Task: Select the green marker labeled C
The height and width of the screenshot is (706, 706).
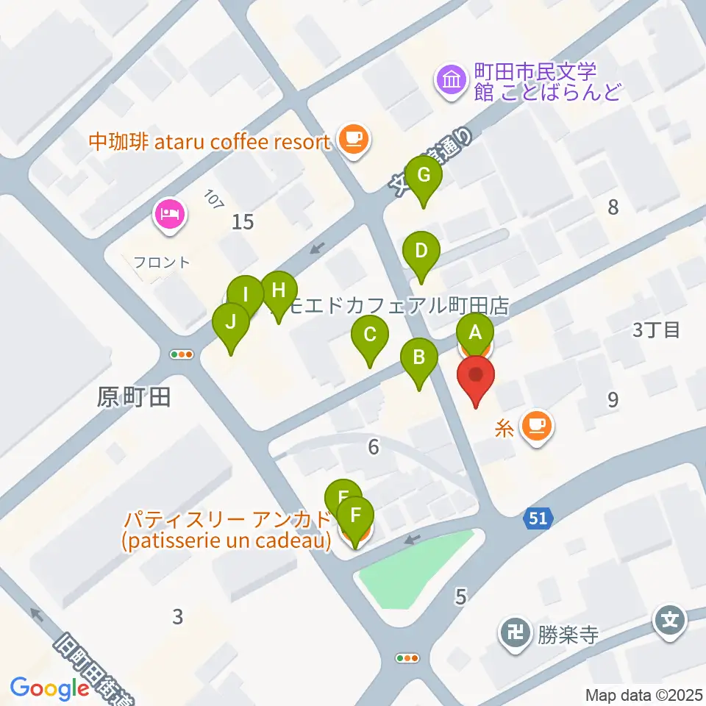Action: click(369, 336)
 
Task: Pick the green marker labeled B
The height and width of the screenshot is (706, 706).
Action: click(418, 358)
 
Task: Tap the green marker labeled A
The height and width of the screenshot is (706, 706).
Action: click(475, 332)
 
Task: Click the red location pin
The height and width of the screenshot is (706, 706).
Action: click(476, 376)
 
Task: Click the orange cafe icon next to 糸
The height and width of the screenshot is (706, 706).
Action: click(537, 425)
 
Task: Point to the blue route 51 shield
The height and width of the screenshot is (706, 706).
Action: click(538, 519)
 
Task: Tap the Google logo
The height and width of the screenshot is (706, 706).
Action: click(50, 688)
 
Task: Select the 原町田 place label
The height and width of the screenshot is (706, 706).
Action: click(134, 398)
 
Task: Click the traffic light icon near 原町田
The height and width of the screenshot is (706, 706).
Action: click(182, 354)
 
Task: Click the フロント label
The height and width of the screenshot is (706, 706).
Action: click(162, 262)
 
